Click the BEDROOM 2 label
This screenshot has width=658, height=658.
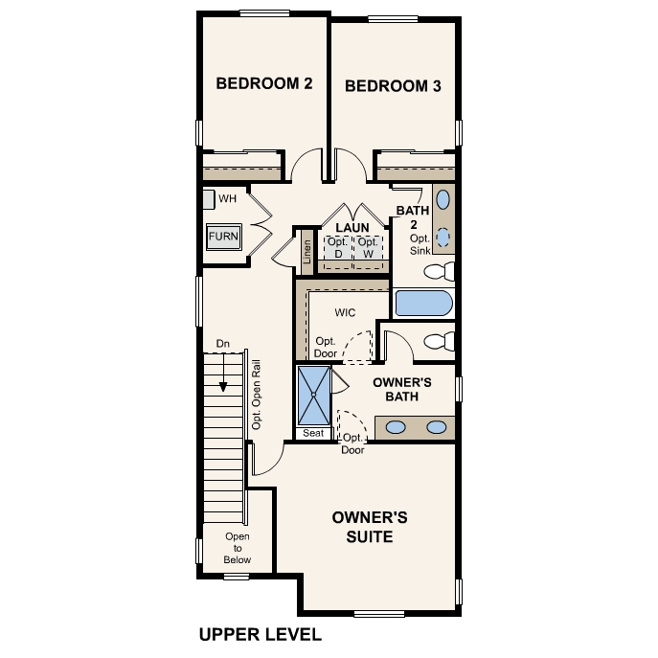(x=264, y=83)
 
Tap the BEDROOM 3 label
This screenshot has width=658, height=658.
(x=393, y=85)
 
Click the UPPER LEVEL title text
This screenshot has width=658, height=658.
(x=260, y=634)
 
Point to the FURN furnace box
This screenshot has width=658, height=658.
(x=224, y=236)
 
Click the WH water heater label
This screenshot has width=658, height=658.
(x=227, y=199)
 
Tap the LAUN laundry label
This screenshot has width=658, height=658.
(x=352, y=228)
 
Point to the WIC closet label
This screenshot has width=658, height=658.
(x=345, y=312)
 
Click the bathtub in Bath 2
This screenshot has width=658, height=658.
(x=423, y=305)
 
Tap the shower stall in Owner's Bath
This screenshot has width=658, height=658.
(x=313, y=396)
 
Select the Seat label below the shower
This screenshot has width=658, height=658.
(x=313, y=433)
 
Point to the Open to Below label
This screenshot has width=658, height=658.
(x=238, y=548)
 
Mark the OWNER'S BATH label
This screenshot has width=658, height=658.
(x=402, y=388)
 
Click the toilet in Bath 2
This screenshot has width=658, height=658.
(x=439, y=270)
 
